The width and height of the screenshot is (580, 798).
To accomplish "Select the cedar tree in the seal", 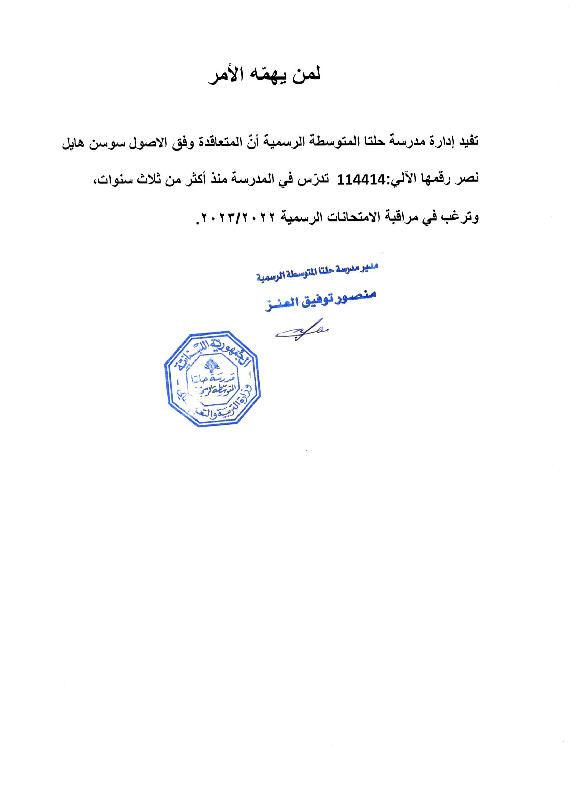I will click(212, 366).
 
